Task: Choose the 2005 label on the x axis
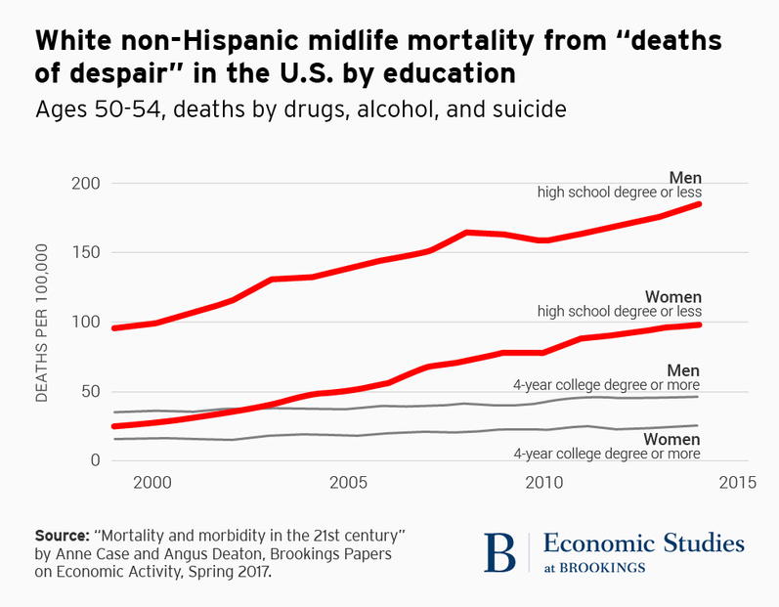click(347, 484)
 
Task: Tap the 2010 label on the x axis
click(541, 484)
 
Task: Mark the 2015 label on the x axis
click(737, 484)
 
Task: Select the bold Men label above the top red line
click(685, 177)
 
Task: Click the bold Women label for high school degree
click(673, 296)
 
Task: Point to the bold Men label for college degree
click(685, 369)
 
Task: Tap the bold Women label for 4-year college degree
click(673, 440)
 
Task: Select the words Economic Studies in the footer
click(643, 543)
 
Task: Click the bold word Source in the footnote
click(61, 537)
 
